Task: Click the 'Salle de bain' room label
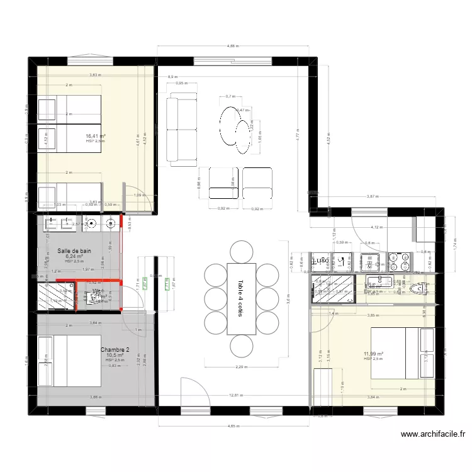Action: (75, 250)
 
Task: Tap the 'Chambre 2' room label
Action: (115, 350)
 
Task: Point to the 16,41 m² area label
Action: (96, 136)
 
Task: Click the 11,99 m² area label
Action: (373, 354)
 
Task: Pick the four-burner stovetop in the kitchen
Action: (398, 259)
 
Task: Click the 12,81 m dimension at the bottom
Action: (235, 395)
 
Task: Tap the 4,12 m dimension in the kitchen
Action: (376, 227)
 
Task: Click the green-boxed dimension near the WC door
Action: (145, 285)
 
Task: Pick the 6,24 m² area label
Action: (74, 257)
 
